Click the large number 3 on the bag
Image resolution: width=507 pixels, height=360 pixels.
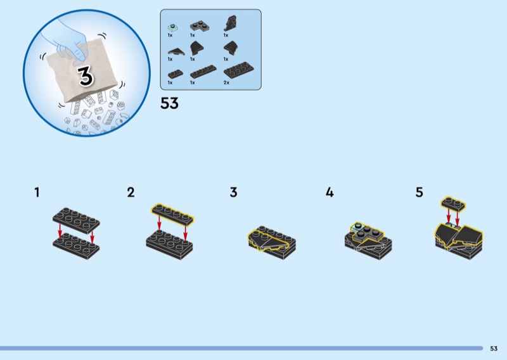coord(86,75)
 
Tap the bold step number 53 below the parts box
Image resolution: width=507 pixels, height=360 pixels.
coord(169,103)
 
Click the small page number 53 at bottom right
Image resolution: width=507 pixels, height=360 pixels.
coord(494,349)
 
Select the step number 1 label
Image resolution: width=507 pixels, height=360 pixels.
coord(37,192)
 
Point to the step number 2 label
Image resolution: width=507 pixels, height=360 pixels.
coord(131,192)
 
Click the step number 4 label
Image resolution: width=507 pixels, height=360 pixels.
coord(330,192)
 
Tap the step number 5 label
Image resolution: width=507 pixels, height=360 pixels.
coord(419,192)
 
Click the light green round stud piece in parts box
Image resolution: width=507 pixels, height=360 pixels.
coord(172,27)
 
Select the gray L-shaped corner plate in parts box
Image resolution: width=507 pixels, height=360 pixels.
coord(200,26)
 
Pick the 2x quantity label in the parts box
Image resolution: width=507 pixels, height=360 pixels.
coord(226,83)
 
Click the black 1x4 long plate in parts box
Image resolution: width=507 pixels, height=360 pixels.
coord(203,72)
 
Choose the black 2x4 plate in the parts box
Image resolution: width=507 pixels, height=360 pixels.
coord(239,70)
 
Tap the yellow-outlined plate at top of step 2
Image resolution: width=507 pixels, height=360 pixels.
coord(172,213)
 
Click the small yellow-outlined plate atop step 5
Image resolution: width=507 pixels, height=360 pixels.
coord(453,204)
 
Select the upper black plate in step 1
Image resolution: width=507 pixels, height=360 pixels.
coord(76,221)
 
